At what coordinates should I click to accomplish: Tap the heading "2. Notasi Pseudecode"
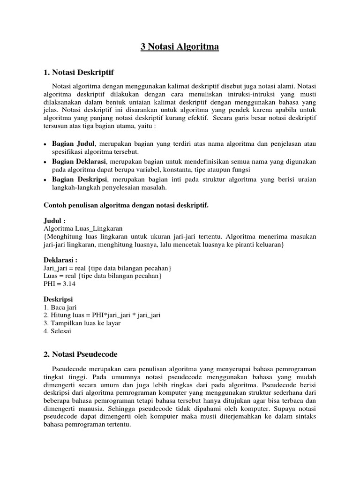pos(80,354)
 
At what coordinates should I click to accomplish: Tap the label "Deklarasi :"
pos(60,260)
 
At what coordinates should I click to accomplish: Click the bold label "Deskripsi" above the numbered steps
pos(59,299)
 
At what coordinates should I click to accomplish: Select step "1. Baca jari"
pos(60,307)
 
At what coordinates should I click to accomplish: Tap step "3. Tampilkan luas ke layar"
pos(82,323)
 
